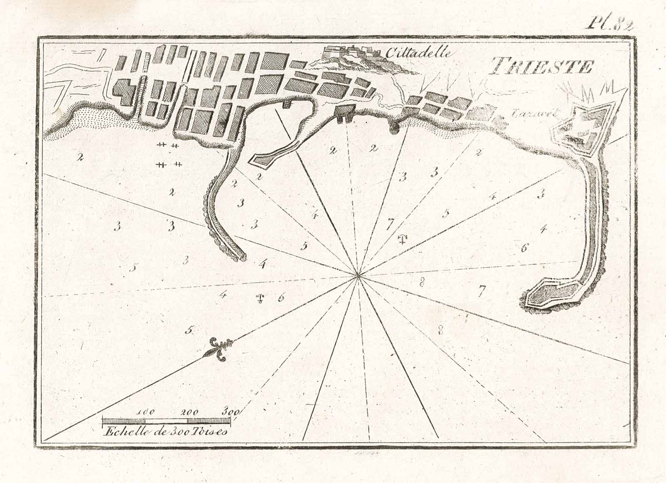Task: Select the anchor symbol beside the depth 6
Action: click(260, 298)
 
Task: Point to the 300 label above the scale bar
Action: click(230, 412)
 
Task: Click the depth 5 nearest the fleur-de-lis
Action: click(189, 330)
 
